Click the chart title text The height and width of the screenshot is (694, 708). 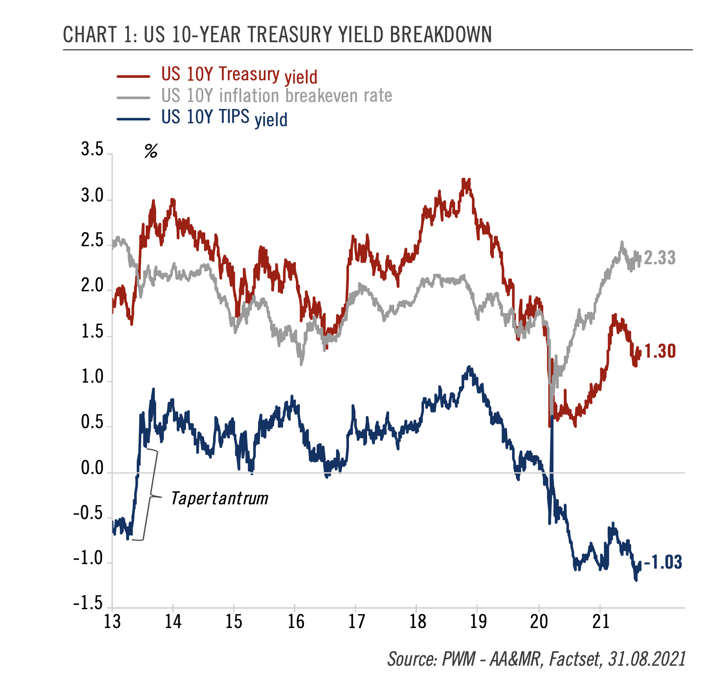[x=277, y=34]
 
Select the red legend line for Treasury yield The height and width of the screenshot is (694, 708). [x=134, y=76]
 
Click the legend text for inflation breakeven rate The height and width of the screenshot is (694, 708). [x=277, y=96]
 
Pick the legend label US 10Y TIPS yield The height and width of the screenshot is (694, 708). [x=224, y=118]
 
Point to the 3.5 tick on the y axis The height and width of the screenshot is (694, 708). [x=92, y=150]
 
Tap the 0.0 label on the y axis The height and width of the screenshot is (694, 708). [x=92, y=468]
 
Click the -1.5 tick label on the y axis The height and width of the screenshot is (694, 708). [x=88, y=603]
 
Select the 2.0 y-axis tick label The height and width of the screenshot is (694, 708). [x=92, y=286]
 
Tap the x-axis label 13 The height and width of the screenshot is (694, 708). [x=112, y=622]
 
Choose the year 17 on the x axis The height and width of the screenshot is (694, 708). [x=356, y=622]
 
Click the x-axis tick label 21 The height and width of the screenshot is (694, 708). [x=601, y=622]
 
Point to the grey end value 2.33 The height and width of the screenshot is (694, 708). [x=660, y=258]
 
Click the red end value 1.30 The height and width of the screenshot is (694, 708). [x=660, y=352]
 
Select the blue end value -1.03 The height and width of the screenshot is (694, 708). [x=663, y=562]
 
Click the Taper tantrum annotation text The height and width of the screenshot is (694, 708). [x=220, y=499]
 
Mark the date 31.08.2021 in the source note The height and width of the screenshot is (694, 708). [x=647, y=659]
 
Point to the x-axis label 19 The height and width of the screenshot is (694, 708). [x=478, y=622]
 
